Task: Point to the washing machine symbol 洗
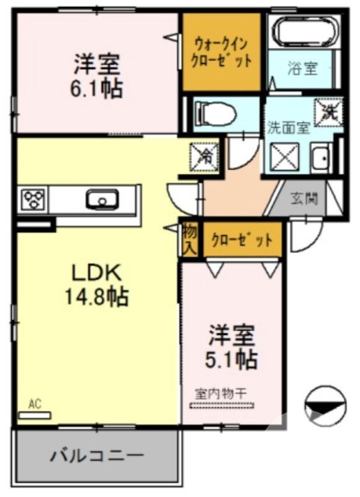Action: pyautogui.click(x=328, y=111)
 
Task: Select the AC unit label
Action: pyautogui.click(x=35, y=405)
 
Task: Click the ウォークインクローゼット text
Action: pyautogui.click(x=221, y=52)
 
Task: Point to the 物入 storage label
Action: pyautogui.click(x=189, y=239)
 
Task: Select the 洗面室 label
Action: pyautogui.click(x=288, y=128)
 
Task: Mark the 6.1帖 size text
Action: pyautogui.click(x=96, y=88)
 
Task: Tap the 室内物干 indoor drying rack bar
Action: pyautogui.click(x=222, y=405)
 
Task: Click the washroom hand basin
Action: pyautogui.click(x=320, y=160)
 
